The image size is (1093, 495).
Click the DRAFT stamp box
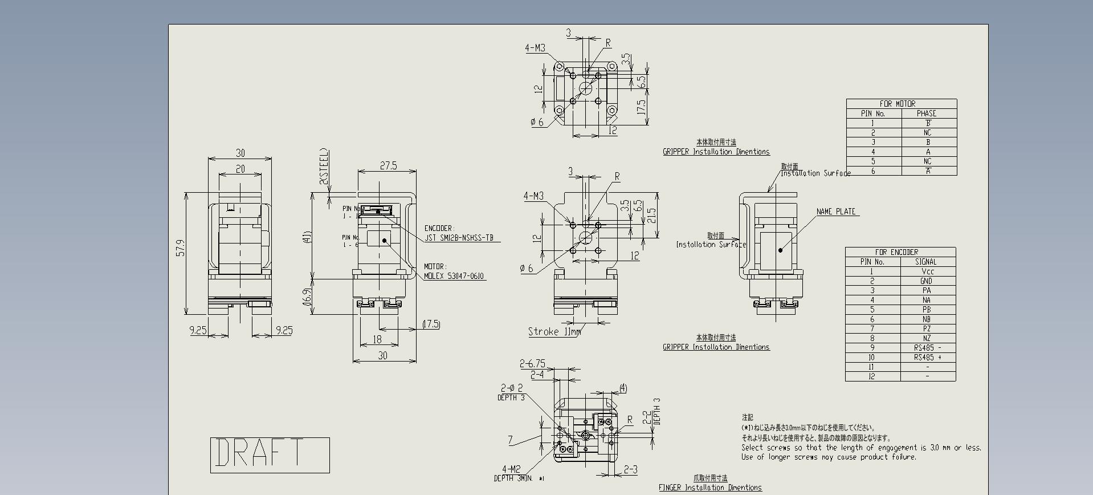pyautogui.click(x=270, y=455)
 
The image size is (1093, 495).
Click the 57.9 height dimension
pyautogui.click(x=181, y=247)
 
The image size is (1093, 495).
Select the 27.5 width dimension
pyautogui.click(x=388, y=165)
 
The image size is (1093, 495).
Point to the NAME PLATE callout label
pyautogui.click(x=836, y=212)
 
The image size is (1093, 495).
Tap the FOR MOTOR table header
pyautogui.click(x=898, y=104)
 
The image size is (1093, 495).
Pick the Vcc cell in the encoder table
pyautogui.click(x=927, y=271)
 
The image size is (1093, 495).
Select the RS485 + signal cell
pyautogui.click(x=927, y=358)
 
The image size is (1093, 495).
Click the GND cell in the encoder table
pyautogui.click(x=927, y=281)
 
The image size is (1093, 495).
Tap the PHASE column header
pyautogui.click(x=927, y=113)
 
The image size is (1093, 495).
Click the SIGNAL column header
pyautogui.click(x=926, y=262)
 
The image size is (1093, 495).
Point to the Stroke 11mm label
pyautogui.click(x=554, y=332)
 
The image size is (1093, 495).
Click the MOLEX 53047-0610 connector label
pyautogui.click(x=454, y=276)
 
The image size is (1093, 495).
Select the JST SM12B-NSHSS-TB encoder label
pyautogui.click(x=459, y=238)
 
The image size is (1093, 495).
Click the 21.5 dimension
pyautogui.click(x=652, y=215)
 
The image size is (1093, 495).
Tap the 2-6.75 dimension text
pyautogui.click(x=532, y=363)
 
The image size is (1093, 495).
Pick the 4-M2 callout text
pyautogui.click(x=511, y=469)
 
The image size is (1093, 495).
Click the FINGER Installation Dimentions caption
pyautogui.click(x=710, y=488)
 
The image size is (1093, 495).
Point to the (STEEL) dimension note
pyautogui.click(x=324, y=166)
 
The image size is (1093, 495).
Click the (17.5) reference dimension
pyautogui.click(x=431, y=324)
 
